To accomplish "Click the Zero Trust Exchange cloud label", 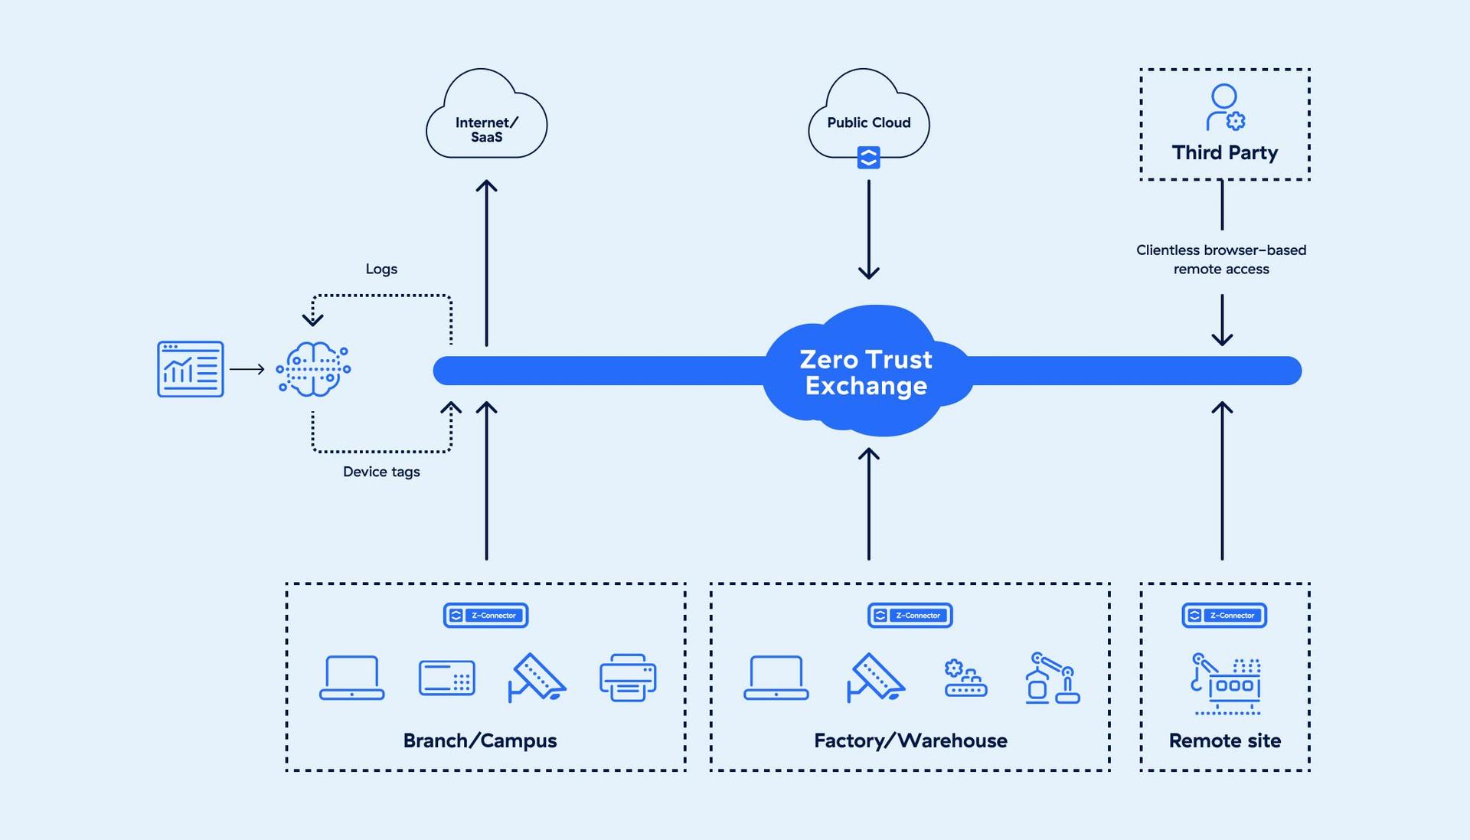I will (x=866, y=372).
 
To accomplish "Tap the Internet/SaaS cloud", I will (x=486, y=123).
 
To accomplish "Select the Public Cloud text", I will (x=868, y=123).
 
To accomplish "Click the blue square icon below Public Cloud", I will (x=868, y=158).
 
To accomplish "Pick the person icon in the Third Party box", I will (x=1224, y=107).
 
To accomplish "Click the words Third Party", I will (x=1224, y=152).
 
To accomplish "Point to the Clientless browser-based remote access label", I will (x=1221, y=260).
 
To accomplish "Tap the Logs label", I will (x=381, y=269).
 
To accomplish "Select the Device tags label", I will (x=381, y=472).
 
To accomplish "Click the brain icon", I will (x=313, y=369).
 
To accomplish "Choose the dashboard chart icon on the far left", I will (x=191, y=369).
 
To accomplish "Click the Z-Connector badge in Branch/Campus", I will (x=485, y=615).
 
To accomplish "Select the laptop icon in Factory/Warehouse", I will (x=776, y=677).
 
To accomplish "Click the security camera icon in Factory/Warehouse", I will (x=875, y=677).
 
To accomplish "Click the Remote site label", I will (x=1224, y=740).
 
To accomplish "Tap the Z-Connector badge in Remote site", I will (x=1224, y=615).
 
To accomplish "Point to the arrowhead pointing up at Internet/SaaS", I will (x=486, y=185).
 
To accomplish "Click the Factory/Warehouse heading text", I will (x=910, y=740).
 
